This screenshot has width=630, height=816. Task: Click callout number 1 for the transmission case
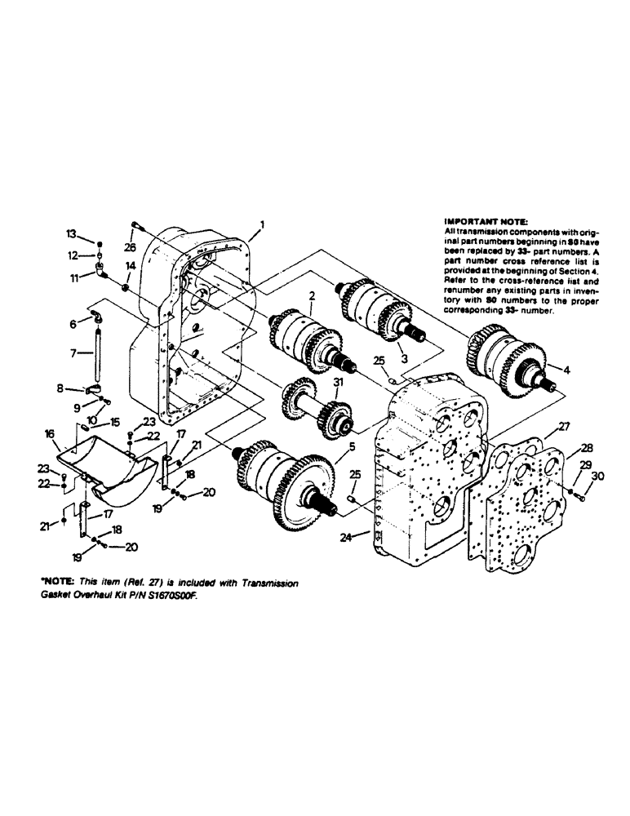tap(262, 223)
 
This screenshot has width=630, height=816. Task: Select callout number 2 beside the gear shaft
tap(311, 297)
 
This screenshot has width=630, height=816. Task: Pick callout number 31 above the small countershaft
tap(339, 381)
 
